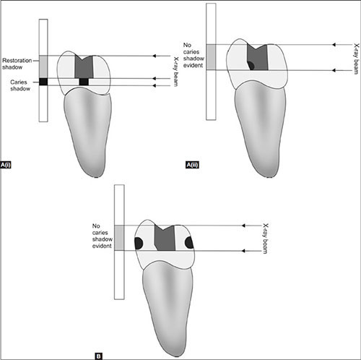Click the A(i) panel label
pyautogui.click(x=6, y=165)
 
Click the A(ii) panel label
pyautogui.click(x=193, y=165)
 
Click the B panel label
pyautogui.click(x=98, y=356)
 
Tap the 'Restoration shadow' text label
pyautogui.click(x=17, y=64)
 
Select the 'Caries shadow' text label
pyautogui.click(x=20, y=85)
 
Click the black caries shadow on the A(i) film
pyautogui.click(x=43, y=82)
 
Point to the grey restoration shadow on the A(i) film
pyautogui.click(x=43, y=67)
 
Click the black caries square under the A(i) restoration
pyautogui.click(x=84, y=82)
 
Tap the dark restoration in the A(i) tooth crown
pyautogui.click(x=84, y=67)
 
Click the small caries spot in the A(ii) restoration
pyautogui.click(x=251, y=65)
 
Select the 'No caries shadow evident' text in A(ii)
pyautogui.click(x=193, y=55)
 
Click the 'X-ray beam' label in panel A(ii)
pyautogui.click(x=356, y=59)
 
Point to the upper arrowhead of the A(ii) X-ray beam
pyautogui.click(x=334, y=45)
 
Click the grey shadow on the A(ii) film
pyautogui.click(x=211, y=57)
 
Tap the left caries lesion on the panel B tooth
pyautogui.click(x=139, y=243)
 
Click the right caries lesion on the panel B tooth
pyautogui.click(x=189, y=242)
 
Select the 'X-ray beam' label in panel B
pyautogui.click(x=265, y=239)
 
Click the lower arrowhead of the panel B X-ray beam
pyautogui.click(x=243, y=251)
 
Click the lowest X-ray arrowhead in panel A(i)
pyautogui.click(x=155, y=85)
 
